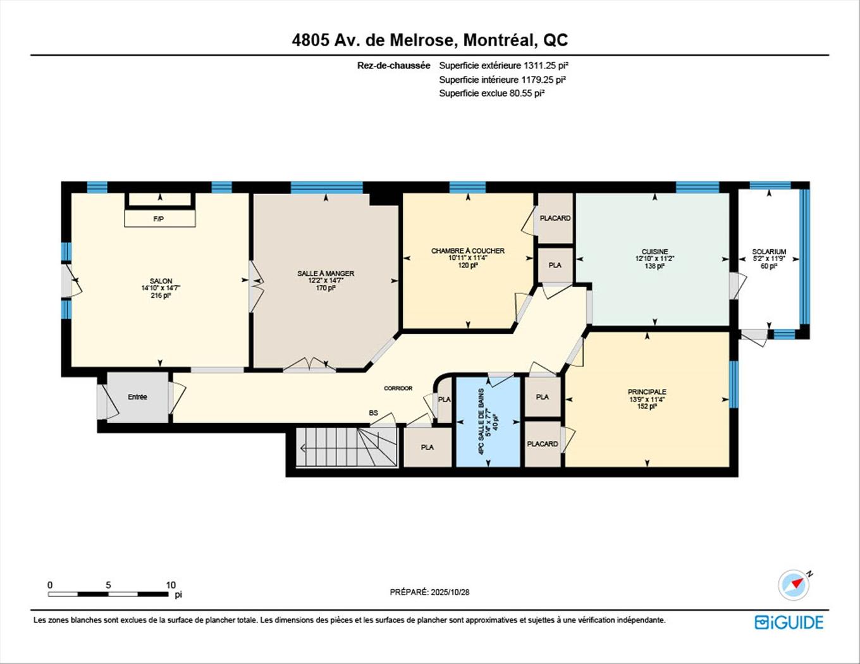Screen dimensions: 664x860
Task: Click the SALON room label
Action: click(x=161, y=281)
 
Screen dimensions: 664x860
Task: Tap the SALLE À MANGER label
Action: click(x=326, y=273)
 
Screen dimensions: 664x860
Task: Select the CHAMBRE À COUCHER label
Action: click(x=468, y=250)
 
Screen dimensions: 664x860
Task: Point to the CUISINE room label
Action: click(x=654, y=251)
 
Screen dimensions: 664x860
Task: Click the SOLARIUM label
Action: click(x=769, y=252)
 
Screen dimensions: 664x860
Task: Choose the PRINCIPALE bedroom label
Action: click(x=647, y=391)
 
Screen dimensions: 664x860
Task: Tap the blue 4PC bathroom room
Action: click(x=488, y=421)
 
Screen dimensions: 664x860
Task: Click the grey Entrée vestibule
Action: click(x=137, y=397)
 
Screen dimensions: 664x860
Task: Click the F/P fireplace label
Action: click(x=159, y=219)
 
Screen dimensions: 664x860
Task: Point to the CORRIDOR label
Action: click(x=398, y=388)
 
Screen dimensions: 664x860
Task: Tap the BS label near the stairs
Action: click(x=373, y=413)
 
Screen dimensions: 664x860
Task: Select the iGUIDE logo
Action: click(x=789, y=622)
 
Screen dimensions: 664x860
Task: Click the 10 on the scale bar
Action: click(x=171, y=585)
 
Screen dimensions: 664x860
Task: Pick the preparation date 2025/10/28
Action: click(x=450, y=593)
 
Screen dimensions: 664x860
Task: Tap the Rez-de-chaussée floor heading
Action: click(x=393, y=65)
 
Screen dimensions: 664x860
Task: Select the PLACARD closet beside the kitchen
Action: click(x=555, y=218)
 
